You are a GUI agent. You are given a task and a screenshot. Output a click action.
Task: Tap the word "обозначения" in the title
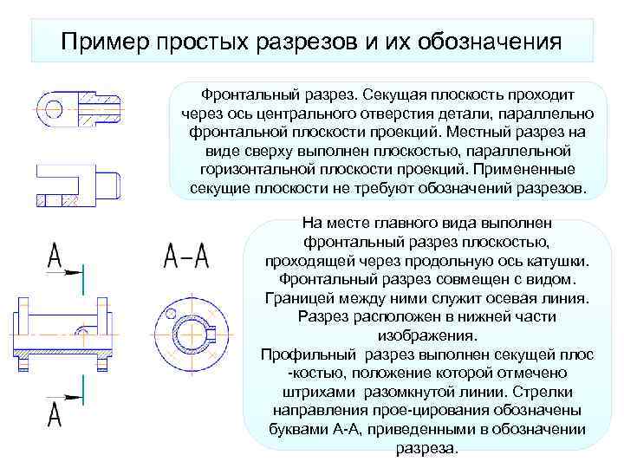click(x=491, y=41)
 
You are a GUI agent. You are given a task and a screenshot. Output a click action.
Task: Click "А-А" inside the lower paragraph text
click(x=359, y=430)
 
